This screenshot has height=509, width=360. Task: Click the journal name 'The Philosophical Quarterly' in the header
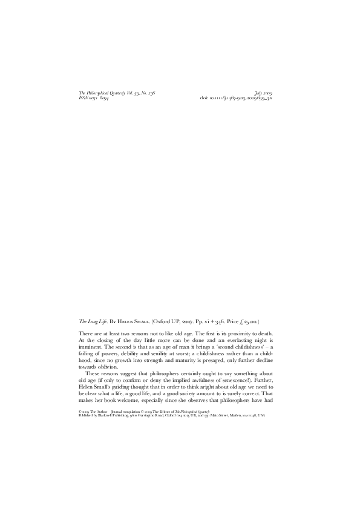[x=105, y=93]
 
